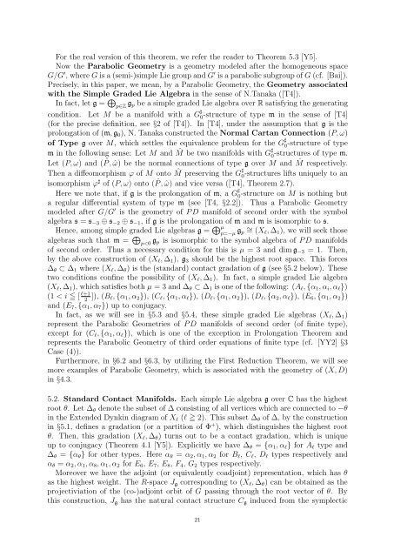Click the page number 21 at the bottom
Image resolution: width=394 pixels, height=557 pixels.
click(197, 540)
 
